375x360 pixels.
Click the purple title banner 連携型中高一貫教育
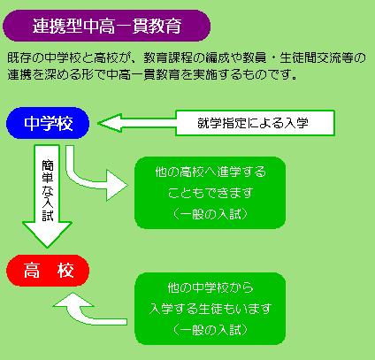(x=106, y=26)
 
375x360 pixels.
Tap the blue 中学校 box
(x=48, y=123)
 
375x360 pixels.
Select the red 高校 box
(x=48, y=271)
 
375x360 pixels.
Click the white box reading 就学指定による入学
(x=255, y=123)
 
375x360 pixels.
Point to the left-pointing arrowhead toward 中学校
(x=110, y=123)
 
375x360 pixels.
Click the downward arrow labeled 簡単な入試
(x=47, y=196)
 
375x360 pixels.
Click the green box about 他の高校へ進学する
(x=210, y=193)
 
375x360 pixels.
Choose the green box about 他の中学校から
(x=210, y=309)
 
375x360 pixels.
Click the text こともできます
(x=210, y=193)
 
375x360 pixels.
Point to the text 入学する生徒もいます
(x=210, y=309)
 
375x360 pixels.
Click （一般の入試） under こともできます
(x=210, y=214)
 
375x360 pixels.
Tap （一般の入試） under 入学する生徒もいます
(x=210, y=330)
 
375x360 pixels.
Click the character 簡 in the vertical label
(x=48, y=165)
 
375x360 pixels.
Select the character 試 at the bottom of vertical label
(x=48, y=216)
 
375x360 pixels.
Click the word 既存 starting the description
(x=19, y=57)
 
